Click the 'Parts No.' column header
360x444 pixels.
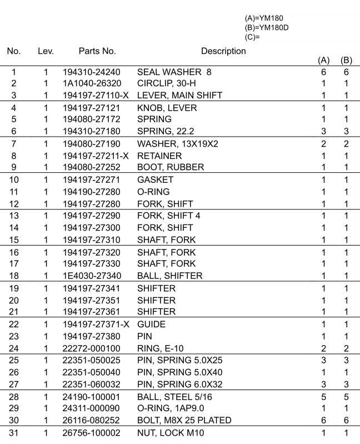coord(97,51)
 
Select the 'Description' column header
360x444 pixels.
coord(223,51)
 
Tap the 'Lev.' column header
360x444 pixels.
coord(46,51)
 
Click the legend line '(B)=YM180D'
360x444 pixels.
coord(266,28)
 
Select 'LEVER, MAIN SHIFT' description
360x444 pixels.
coord(179,96)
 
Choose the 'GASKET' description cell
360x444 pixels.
coord(155,179)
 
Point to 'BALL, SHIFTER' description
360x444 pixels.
coord(169,276)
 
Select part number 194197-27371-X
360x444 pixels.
coord(96,324)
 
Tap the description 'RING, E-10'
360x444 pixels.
coord(159,348)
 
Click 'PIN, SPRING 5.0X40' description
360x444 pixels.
coord(179,372)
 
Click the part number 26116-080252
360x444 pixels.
coord(92,420)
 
